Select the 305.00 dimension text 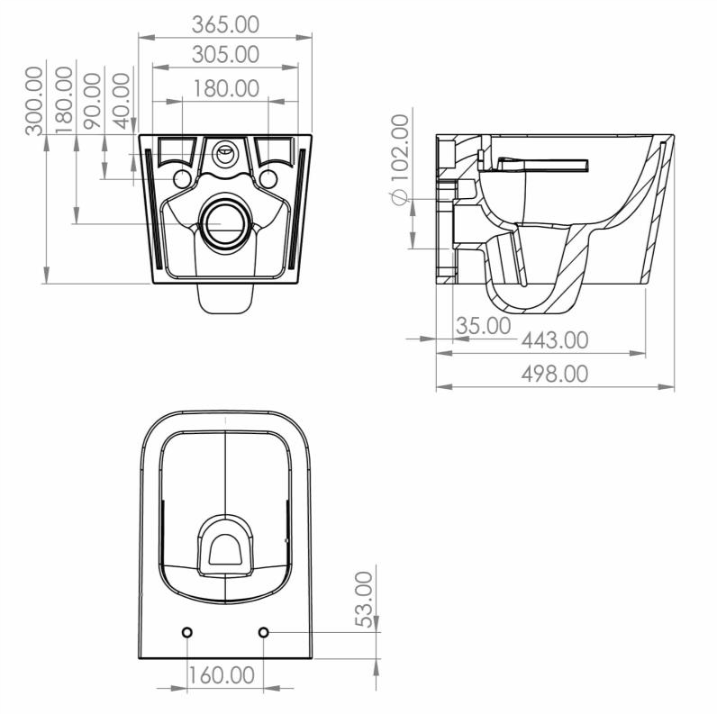point(225,54)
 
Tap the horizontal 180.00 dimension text point(225,88)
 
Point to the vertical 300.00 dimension point(34,100)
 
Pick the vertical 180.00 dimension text point(64,100)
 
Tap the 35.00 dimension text point(483,326)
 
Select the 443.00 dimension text point(555,340)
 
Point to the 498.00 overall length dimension point(555,373)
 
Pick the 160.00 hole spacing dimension point(222,674)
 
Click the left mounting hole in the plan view point(187,633)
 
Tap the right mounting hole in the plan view point(263,633)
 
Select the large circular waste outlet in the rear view point(224,221)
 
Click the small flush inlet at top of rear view point(224,152)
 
